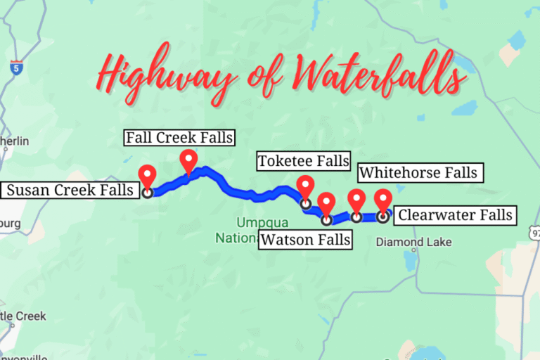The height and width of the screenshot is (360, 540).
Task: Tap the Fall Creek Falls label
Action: (x=179, y=137)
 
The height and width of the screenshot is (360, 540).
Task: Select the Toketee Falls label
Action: (x=303, y=161)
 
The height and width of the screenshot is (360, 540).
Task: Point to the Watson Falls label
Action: (x=305, y=240)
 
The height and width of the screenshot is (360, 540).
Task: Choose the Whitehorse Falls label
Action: (x=418, y=172)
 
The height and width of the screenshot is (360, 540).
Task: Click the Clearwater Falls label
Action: (x=453, y=214)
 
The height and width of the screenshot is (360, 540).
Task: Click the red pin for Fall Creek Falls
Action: (x=188, y=160)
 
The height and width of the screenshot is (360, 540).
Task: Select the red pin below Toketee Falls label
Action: (x=305, y=186)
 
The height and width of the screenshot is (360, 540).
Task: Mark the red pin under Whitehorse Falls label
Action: (x=356, y=200)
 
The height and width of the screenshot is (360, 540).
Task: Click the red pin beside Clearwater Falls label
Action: (x=382, y=199)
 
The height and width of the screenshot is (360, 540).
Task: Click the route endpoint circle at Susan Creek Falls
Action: (x=147, y=191)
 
